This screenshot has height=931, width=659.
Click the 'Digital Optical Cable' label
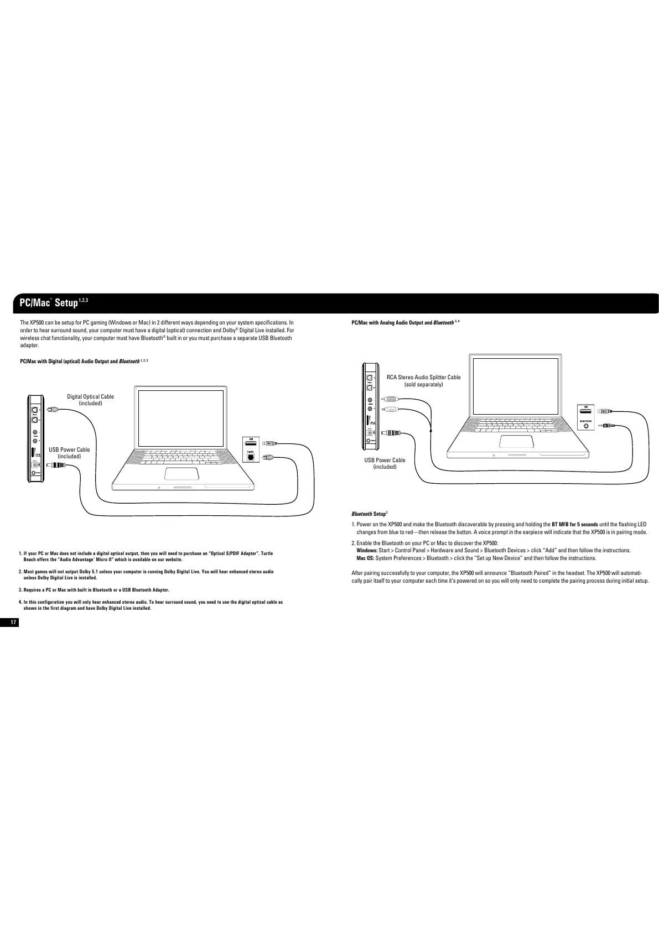click(90, 396)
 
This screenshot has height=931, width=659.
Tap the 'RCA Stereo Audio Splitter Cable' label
click(423, 377)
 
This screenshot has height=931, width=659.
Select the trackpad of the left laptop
click(182, 474)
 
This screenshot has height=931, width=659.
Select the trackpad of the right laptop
click(516, 441)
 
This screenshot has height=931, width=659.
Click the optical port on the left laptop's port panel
click(250, 457)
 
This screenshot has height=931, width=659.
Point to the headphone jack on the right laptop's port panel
click(586, 427)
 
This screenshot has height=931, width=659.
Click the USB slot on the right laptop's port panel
click(586, 412)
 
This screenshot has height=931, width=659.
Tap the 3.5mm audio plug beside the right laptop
click(606, 426)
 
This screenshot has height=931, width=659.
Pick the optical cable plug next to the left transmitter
click(51, 409)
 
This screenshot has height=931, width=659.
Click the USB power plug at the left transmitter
click(56, 465)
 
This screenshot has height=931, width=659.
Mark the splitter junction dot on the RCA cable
click(430, 430)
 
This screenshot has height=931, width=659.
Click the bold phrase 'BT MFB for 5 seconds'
click(574, 524)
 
